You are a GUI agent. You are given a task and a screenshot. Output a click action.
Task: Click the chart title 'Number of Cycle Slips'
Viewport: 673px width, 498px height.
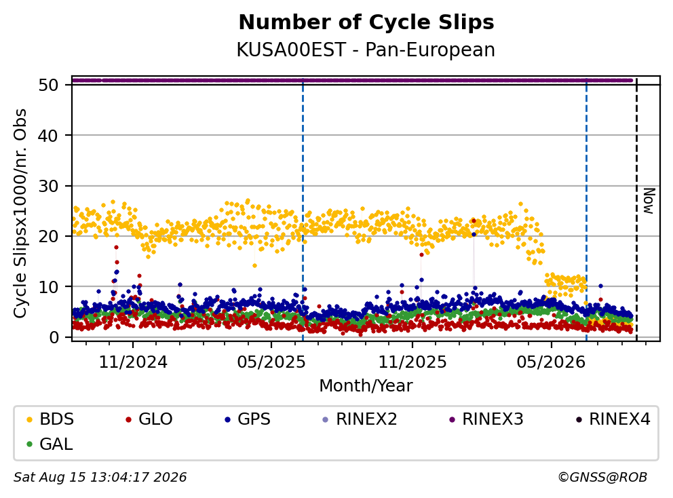tap(366, 22)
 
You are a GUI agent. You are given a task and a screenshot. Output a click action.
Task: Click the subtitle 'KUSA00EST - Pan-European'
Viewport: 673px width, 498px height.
tap(366, 50)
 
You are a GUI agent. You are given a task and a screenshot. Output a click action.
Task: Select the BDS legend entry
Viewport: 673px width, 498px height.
tap(50, 419)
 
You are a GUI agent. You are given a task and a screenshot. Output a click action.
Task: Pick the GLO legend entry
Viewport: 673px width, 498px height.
tap(149, 419)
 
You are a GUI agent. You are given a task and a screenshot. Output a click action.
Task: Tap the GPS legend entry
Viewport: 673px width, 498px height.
tap(248, 419)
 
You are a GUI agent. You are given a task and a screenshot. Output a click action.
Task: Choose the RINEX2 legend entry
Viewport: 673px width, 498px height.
tap(360, 419)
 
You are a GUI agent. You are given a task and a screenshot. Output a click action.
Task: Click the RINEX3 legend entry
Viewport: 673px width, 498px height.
tap(486, 419)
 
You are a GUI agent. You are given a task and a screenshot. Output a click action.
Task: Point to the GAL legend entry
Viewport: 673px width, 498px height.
tap(50, 444)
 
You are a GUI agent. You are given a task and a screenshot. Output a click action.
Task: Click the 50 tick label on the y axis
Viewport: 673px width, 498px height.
tap(48, 85)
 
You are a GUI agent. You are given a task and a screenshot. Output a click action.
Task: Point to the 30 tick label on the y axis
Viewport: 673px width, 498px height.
tap(48, 186)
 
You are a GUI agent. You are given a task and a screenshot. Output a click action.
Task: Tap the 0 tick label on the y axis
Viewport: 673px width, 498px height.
tap(54, 337)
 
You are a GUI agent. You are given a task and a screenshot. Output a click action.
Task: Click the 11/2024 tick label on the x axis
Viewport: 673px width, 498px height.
tap(133, 362)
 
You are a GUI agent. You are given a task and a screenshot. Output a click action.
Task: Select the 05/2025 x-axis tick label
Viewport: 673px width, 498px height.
tap(271, 362)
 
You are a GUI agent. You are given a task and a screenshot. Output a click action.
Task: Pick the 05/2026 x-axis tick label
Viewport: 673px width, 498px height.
tap(551, 362)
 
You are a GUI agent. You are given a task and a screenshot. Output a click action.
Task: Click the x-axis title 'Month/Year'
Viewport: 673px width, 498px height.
tap(366, 385)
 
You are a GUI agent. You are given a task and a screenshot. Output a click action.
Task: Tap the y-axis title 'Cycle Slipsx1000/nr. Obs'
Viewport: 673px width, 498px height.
tap(20, 213)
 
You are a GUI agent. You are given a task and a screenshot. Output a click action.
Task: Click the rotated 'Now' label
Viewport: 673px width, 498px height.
tap(649, 201)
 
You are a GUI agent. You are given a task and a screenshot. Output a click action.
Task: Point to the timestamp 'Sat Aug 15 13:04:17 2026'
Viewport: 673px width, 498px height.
tap(100, 477)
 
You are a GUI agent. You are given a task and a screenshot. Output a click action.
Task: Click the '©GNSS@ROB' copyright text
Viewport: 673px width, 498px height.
tap(602, 477)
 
